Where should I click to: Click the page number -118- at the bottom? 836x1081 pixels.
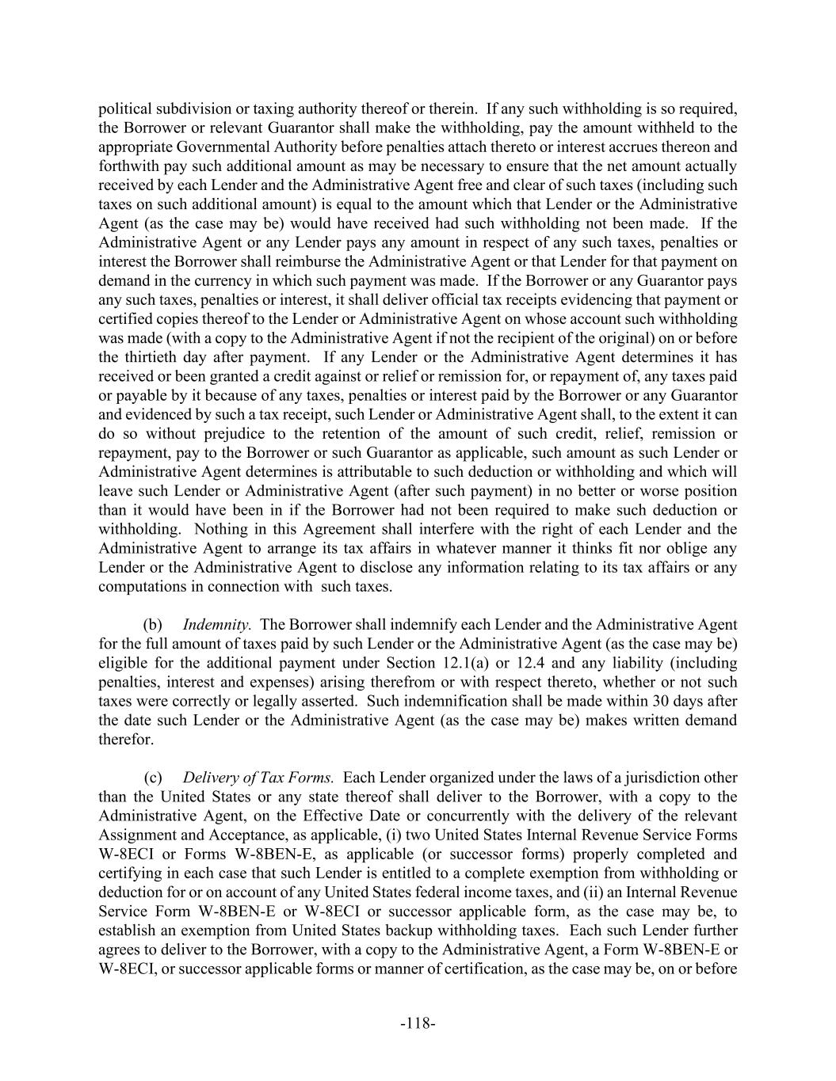pos(418,1023)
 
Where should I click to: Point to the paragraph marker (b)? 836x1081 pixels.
pos(152,625)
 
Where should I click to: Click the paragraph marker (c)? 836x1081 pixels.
pos(152,778)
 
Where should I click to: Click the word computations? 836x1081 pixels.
pos(138,587)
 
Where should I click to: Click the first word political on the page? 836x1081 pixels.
pos(124,109)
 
